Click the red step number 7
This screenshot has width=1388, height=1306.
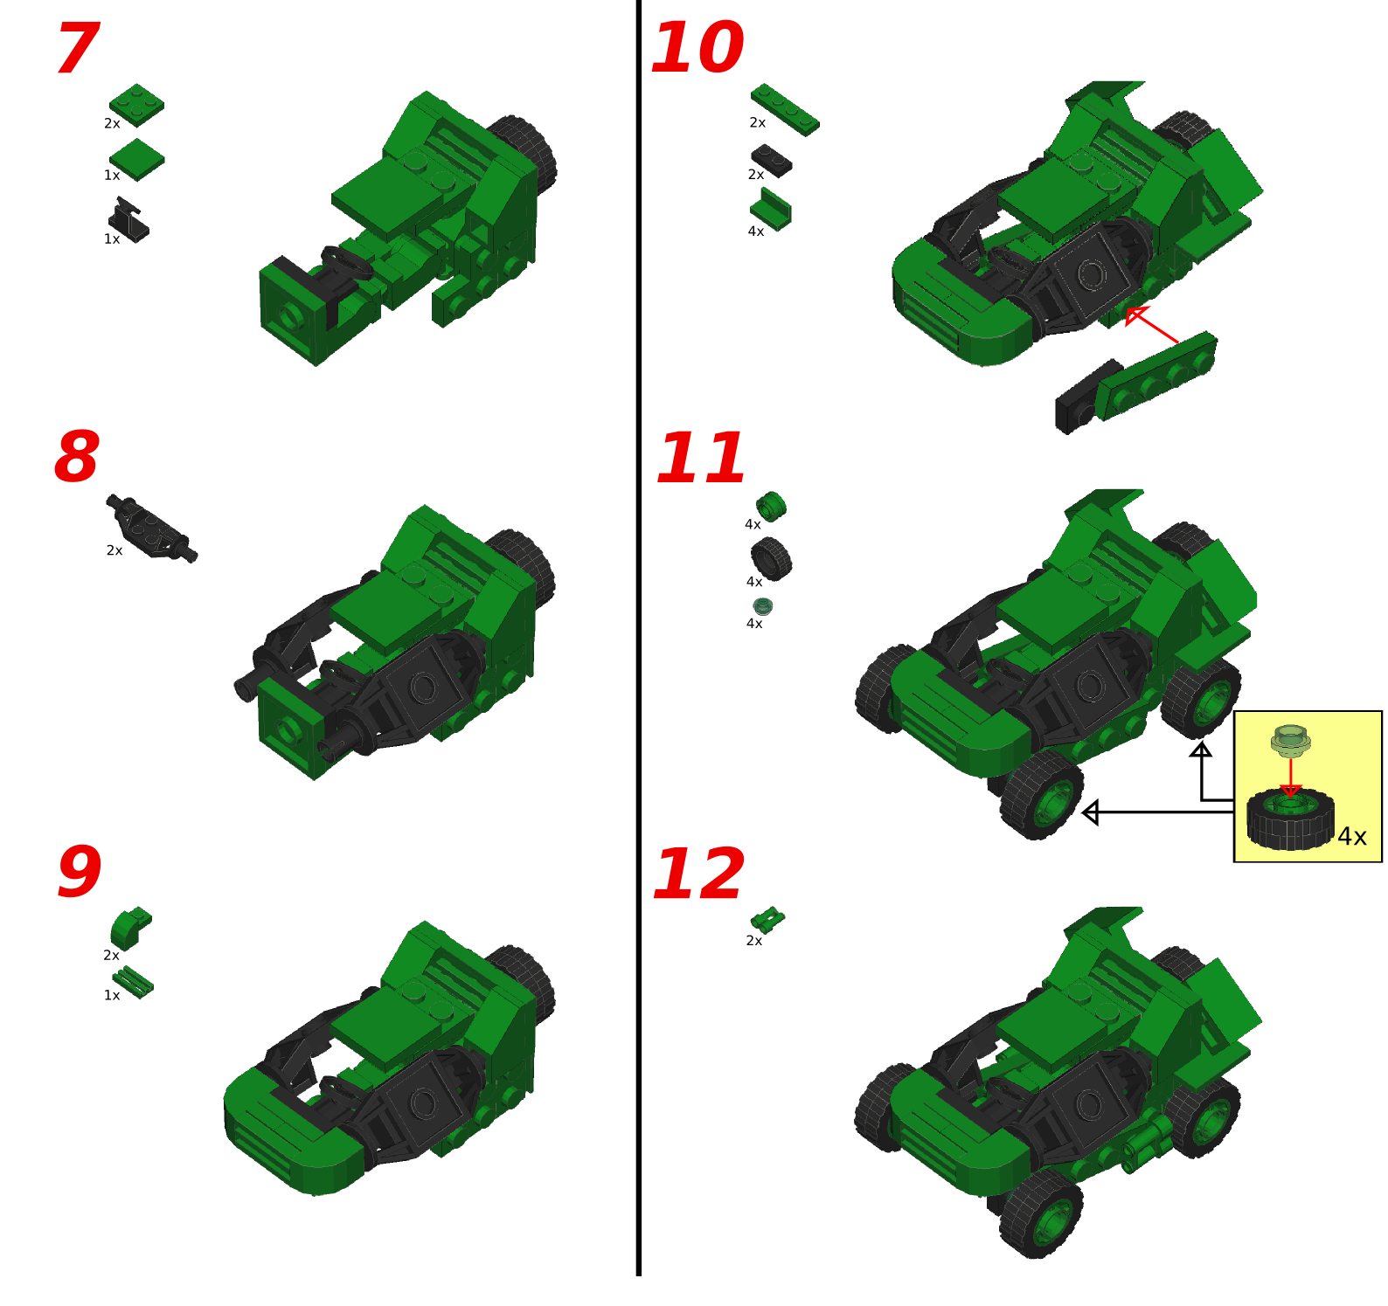pos(77,50)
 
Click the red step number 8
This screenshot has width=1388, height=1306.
pos(77,457)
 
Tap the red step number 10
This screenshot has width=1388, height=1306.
pos(697,48)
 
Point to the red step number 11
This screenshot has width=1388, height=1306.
pos(701,458)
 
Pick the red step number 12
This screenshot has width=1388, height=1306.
pos(698,874)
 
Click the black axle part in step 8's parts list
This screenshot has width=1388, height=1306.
pos(151,528)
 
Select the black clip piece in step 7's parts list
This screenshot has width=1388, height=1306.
pos(128,220)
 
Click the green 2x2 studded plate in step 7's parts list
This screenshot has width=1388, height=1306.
pos(136,104)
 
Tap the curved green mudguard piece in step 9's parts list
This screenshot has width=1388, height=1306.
pos(130,928)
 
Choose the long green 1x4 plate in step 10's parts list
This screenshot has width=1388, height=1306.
pos(785,109)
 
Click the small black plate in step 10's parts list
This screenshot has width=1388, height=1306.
pos(772,161)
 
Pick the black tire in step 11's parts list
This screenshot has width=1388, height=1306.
pos(771,558)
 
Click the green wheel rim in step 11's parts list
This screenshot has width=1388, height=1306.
pos(771,506)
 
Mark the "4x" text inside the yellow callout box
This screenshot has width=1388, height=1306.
pos(1351,837)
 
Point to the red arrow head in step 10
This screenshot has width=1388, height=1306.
pos(1135,315)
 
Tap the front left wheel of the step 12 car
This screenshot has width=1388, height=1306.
pos(1041,1215)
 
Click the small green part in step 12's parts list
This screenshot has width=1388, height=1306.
pos(767,919)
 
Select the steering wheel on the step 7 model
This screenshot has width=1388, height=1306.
pos(346,261)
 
